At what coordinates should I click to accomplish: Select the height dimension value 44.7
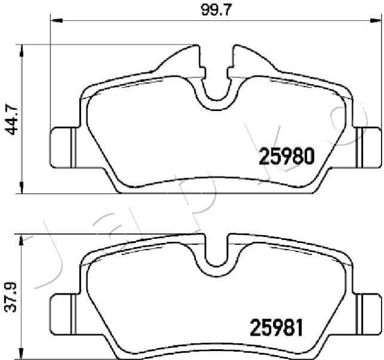point(10,119)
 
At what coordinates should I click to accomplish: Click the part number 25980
point(286,157)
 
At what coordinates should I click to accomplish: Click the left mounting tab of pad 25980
point(62,148)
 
